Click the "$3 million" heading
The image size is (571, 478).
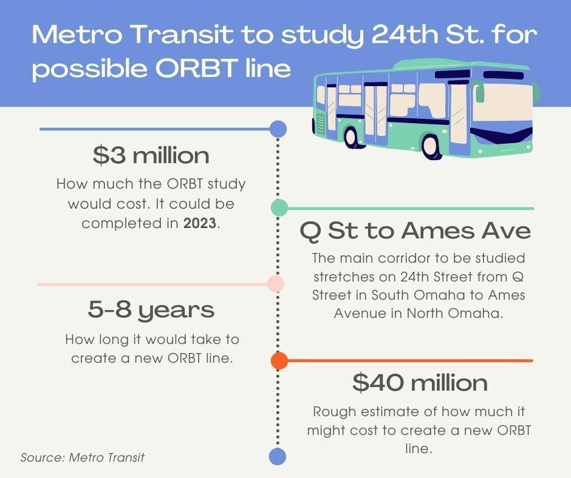click(x=151, y=155)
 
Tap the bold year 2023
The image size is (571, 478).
click(x=200, y=223)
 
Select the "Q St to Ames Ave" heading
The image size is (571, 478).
click(x=415, y=231)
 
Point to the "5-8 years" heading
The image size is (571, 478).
click(x=151, y=311)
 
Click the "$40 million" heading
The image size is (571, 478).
click(x=420, y=383)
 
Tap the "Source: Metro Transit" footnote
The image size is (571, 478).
click(x=82, y=457)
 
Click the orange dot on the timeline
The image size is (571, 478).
click(x=279, y=360)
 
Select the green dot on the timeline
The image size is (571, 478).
click(x=279, y=207)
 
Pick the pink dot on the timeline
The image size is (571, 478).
click(x=276, y=284)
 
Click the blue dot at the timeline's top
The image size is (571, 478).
click(x=278, y=129)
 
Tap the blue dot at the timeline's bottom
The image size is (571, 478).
click(x=278, y=457)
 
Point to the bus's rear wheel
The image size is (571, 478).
click(x=350, y=137)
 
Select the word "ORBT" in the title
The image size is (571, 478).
click(x=195, y=68)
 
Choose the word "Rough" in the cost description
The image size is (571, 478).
click(x=333, y=412)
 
